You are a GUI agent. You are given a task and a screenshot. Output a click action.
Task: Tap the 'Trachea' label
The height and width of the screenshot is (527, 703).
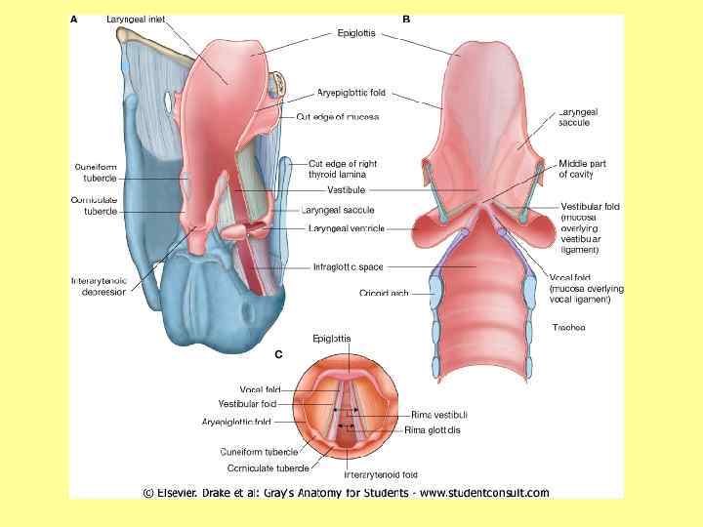pos(568,327)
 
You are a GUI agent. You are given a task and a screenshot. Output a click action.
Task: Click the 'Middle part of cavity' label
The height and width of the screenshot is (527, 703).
pos(582,169)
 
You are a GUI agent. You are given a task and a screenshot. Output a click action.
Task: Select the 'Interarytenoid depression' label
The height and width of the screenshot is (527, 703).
pos(99,286)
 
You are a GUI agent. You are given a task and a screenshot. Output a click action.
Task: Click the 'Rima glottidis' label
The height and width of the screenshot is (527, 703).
pos(434,429)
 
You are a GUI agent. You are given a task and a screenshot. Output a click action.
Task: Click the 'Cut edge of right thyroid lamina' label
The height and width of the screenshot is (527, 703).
pos(343,169)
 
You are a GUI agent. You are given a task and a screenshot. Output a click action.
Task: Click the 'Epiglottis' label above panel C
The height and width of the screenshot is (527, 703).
pos(332,339)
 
